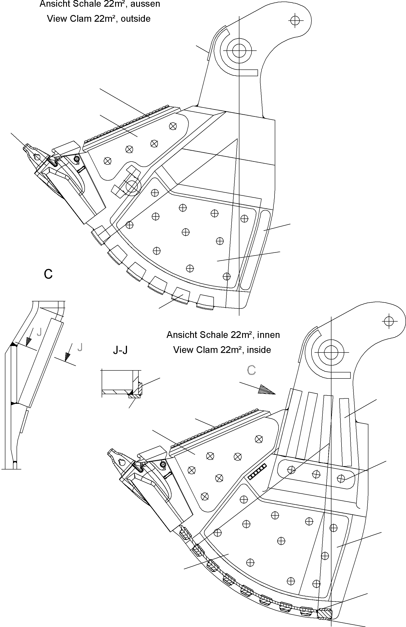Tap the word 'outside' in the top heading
point(136,19)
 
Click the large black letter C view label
point(48,274)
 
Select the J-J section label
point(120,350)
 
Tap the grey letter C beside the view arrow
point(251,370)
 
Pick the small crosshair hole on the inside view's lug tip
point(389,321)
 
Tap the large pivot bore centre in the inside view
point(331,352)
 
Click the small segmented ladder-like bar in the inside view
point(257,471)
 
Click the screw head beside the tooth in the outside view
point(77,159)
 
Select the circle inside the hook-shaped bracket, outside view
point(132,186)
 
